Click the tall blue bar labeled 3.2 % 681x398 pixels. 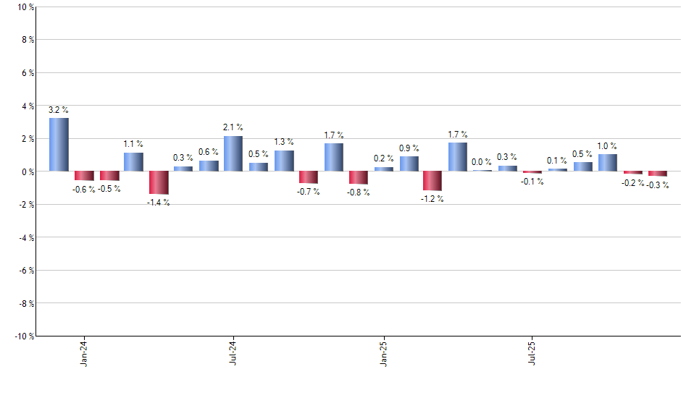tap(59, 145)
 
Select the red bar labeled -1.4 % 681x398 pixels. tap(159, 182)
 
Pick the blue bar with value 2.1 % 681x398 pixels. tap(233, 153)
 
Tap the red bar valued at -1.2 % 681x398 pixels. tap(433, 181)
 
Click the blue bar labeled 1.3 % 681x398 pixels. tap(284, 161)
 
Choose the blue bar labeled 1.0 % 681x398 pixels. tap(608, 163)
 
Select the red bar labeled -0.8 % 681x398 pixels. tap(358, 178)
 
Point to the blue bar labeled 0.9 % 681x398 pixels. tap(409, 164)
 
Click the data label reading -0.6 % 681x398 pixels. tap(83, 190)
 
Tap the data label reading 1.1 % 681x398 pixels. tap(133, 144)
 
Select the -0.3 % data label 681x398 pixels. tap(658, 186)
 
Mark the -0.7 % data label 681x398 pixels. tap(309, 192)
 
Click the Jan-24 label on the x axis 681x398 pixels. tap(85, 352)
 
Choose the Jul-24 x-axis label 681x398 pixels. tap(233, 352)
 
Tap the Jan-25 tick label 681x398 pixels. tap(384, 352)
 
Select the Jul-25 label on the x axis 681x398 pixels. tap(532, 352)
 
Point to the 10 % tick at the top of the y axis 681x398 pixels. tap(25, 7)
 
